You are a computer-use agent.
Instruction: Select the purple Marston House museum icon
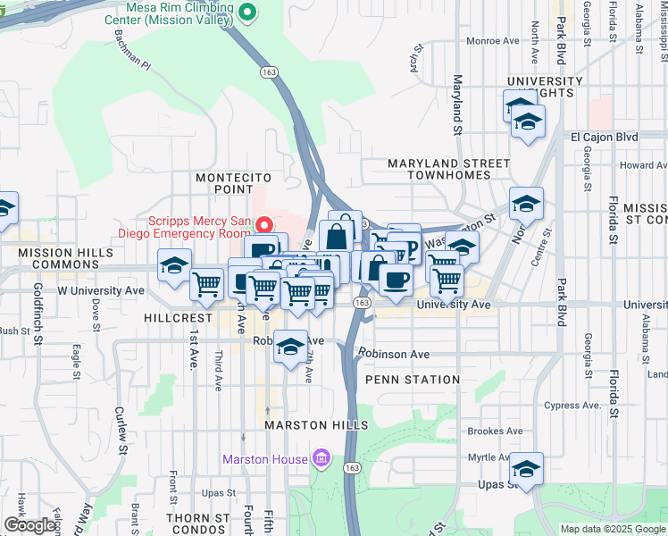321,460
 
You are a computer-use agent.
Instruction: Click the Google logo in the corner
29,525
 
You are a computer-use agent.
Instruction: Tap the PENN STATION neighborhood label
413,380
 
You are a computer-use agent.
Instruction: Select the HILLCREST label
178,318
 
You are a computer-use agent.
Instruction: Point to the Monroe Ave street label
492,40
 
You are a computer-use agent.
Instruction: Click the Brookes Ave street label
495,431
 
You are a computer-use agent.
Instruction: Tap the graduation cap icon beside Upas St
526,469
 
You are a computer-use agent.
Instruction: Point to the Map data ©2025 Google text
612,529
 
